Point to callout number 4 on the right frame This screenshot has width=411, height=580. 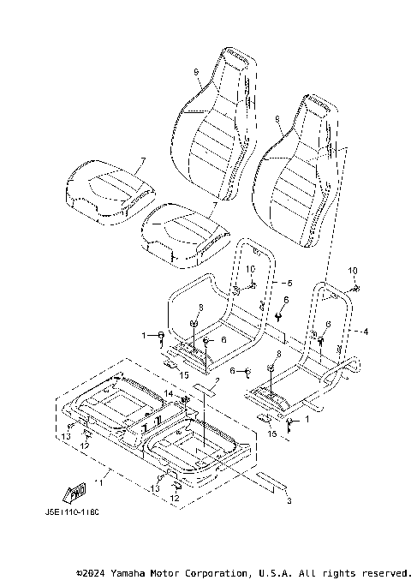click(366, 331)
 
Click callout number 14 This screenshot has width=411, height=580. click(169, 392)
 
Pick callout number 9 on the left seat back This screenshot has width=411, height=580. click(196, 71)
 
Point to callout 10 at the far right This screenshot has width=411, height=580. click(352, 271)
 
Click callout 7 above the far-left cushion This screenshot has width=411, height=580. click(143, 160)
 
